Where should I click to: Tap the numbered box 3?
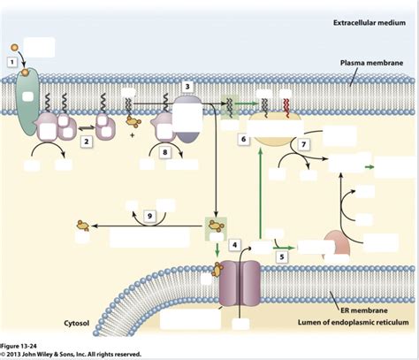187,86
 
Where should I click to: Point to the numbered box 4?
234,244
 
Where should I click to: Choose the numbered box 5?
282,257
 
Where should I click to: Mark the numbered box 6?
242,140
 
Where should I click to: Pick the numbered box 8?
165,152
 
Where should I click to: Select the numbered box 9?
150,215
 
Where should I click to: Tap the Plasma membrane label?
373,64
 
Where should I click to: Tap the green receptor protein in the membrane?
26,107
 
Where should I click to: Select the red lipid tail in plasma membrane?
285,105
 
